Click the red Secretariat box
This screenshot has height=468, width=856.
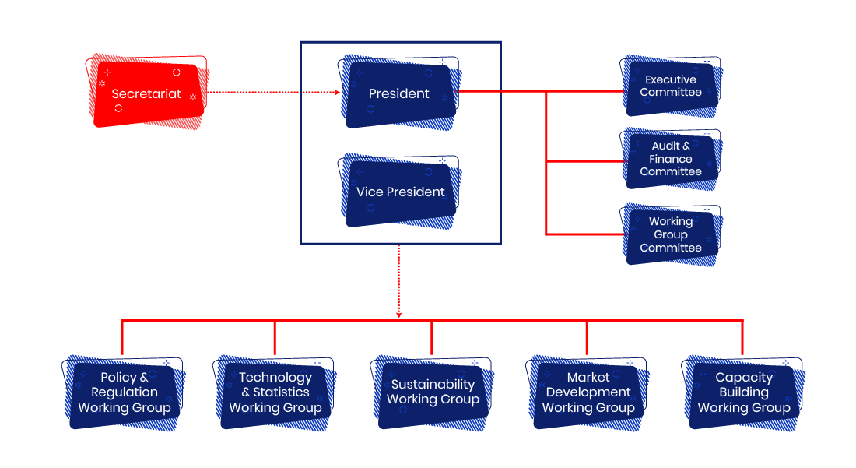146,93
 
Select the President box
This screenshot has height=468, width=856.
399,93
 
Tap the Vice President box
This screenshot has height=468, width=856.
400,192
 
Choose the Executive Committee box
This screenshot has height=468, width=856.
671,86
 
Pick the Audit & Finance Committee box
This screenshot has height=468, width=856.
671,159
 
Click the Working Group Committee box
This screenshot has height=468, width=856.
671,234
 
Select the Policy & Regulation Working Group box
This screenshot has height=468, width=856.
125,392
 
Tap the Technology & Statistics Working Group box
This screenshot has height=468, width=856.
275,392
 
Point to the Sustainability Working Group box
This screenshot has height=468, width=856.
433,392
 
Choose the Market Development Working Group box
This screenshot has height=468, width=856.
588,392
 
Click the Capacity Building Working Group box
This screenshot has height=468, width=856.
744,392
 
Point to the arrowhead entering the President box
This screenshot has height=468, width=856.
337,93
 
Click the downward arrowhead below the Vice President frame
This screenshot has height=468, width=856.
399,315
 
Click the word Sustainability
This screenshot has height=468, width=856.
433,384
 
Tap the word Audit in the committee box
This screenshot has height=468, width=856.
665,146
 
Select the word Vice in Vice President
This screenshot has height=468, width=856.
370,192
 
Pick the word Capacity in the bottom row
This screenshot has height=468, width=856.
744,378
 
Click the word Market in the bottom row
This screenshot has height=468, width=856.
588,378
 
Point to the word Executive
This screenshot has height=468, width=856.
671,79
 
